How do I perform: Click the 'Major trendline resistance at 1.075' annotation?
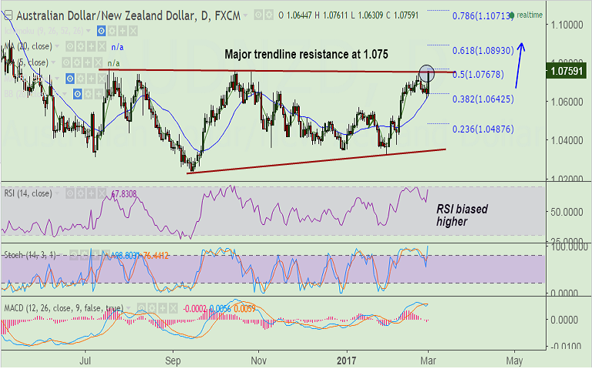(x=306, y=55)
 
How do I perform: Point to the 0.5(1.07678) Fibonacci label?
(x=478, y=74)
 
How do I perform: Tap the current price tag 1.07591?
(x=567, y=73)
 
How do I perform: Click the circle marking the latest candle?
(x=427, y=74)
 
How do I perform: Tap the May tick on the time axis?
(x=515, y=359)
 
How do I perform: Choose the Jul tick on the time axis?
(x=86, y=359)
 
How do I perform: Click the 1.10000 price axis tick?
(x=567, y=25)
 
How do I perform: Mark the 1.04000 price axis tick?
(x=567, y=140)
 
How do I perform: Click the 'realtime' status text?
(x=530, y=15)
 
